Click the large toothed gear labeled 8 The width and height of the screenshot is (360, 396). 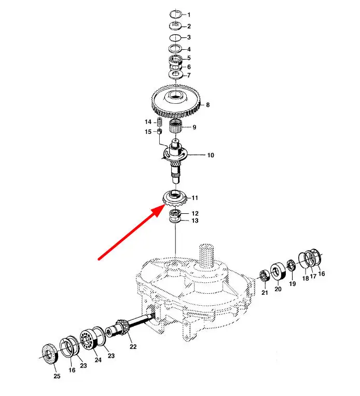click(176, 102)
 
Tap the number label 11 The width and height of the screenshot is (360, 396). click(195, 198)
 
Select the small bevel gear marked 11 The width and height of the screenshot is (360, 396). click(175, 198)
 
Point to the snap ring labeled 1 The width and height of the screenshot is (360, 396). click(175, 14)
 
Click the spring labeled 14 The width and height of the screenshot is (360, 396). click(159, 122)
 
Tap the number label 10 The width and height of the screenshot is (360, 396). click(211, 155)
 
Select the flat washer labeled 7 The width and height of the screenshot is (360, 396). click(176, 75)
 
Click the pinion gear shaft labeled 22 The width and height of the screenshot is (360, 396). click(129, 326)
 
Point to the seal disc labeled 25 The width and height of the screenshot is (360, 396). click(49, 354)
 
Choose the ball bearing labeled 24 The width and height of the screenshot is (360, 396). click(88, 339)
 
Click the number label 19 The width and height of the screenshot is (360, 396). click(293, 283)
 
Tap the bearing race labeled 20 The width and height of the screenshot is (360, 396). click(278, 271)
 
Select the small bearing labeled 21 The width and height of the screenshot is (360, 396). click(265, 276)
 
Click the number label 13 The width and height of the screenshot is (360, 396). click(195, 221)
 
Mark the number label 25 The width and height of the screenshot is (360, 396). click(57, 376)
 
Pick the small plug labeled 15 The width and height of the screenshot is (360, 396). click(159, 131)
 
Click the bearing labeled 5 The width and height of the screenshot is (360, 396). click(176, 60)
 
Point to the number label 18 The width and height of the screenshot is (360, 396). click(306, 278)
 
